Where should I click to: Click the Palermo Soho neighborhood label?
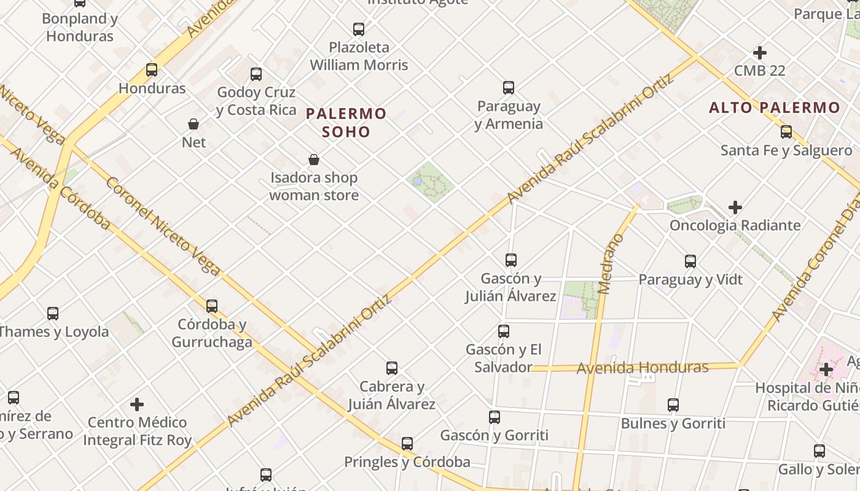[346, 122]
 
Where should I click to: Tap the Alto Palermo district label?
[775, 107]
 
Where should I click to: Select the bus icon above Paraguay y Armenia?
[509, 88]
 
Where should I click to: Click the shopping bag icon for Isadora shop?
[314, 160]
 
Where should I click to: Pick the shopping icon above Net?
[193, 124]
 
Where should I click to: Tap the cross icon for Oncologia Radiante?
[735, 207]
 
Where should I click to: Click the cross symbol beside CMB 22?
[760, 53]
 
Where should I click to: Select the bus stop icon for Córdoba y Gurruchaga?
[212, 306]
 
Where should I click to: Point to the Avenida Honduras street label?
[643, 368]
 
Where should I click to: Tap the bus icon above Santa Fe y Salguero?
[786, 132]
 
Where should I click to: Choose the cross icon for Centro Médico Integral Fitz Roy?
[137, 404]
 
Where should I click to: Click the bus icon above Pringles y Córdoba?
[407, 444]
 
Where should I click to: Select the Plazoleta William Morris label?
[359, 56]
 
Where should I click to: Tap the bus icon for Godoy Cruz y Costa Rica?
[256, 74]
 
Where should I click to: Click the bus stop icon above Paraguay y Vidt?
[690, 261]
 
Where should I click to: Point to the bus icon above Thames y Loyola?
[53, 314]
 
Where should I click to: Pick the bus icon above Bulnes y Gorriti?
[673, 405]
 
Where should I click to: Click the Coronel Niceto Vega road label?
[163, 226]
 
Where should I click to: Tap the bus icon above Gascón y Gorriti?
[495, 417]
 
